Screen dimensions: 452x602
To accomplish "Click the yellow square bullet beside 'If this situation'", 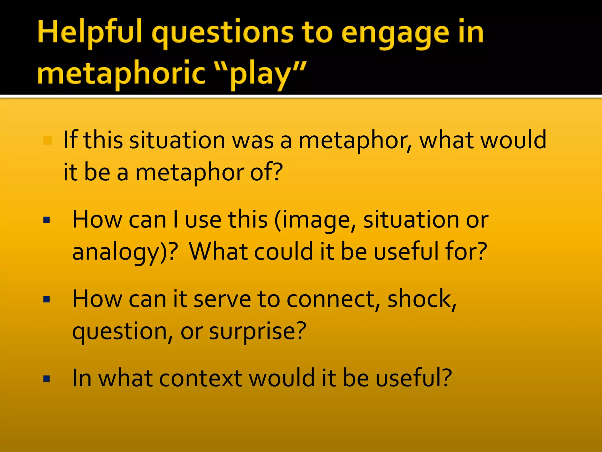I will pyautogui.click(x=47, y=140).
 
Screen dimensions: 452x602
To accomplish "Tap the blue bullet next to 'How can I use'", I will pyautogui.click(x=46, y=220).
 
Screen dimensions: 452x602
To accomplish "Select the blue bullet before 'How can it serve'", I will pyautogui.click(x=46, y=300).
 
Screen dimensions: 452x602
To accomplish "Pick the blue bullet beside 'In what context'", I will pyautogui.click(x=46, y=378).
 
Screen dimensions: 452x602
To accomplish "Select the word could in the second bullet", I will pyautogui.click(x=284, y=251).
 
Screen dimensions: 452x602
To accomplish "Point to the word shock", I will pyautogui.click(x=421, y=299).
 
